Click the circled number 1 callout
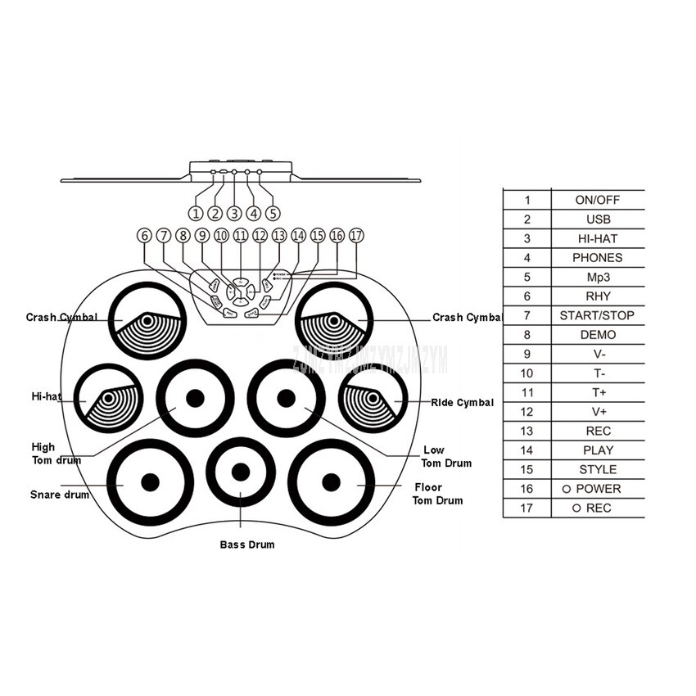tap(196, 213)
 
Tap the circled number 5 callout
tap(273, 213)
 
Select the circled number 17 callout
tap(355, 235)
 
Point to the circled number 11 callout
tap(240, 235)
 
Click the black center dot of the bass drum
tap(240, 472)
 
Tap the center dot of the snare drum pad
tap(149, 481)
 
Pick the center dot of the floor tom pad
tap(331, 481)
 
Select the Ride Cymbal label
tap(463, 402)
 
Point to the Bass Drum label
tap(247, 545)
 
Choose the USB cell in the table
tap(599, 219)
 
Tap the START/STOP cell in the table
tap(597, 315)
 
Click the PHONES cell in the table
tap(598, 258)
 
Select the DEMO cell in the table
tap(598, 335)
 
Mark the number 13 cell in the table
tap(527, 431)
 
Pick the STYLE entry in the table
tap(598, 469)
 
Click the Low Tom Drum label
tap(446, 457)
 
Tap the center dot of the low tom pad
tap(286, 398)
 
